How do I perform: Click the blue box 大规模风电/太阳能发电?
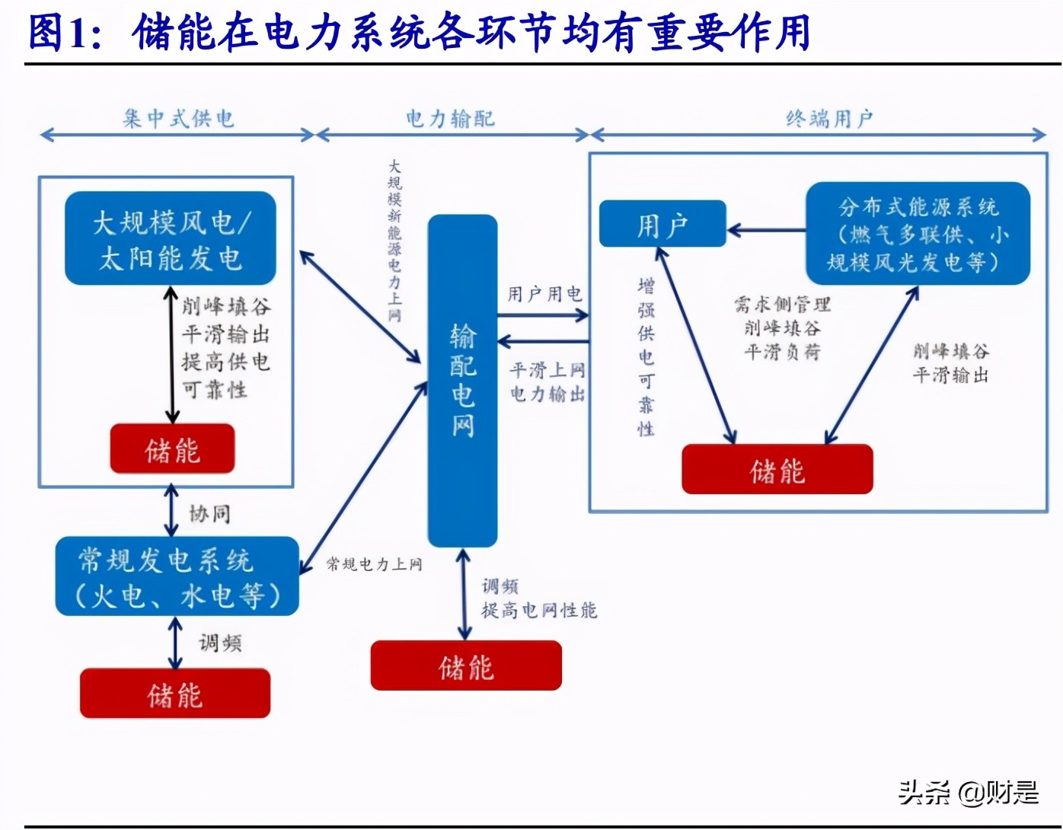click(170, 238)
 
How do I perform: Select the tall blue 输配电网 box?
click(462, 381)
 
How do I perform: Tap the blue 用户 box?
click(662, 224)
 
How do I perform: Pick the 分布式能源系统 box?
click(918, 234)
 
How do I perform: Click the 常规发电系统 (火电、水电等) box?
click(177, 576)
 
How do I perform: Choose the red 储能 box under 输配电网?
click(466, 666)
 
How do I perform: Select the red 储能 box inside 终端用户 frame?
click(777, 470)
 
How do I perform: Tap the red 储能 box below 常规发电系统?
click(175, 694)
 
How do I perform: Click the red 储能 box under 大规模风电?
click(172, 449)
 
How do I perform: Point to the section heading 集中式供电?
click(178, 119)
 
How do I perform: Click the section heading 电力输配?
click(450, 119)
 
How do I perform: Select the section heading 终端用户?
click(829, 119)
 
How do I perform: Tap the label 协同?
click(209, 514)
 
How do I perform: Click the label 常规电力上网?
click(374, 564)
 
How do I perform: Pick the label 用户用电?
click(544, 294)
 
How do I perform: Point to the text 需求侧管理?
click(782, 305)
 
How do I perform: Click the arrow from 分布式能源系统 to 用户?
click(766, 230)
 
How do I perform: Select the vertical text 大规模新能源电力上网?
click(394, 240)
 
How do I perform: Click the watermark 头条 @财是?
click(968, 793)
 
